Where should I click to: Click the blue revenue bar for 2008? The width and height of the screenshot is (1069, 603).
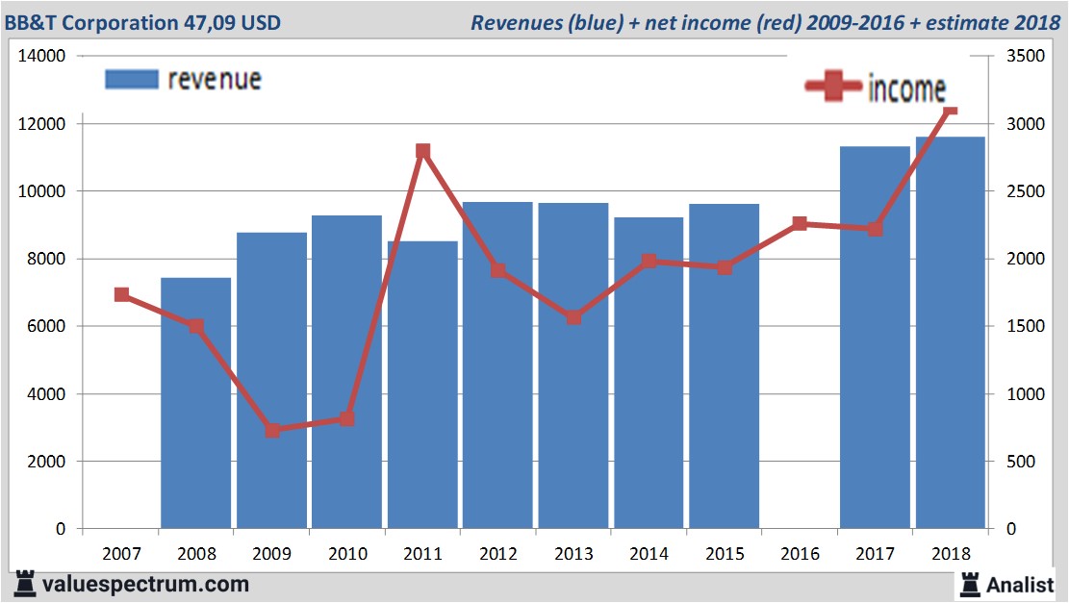click(195, 403)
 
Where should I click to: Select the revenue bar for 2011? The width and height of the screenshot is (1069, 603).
click(422, 385)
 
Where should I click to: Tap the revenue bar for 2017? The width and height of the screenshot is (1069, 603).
click(875, 337)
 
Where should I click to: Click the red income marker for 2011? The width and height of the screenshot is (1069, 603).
click(422, 152)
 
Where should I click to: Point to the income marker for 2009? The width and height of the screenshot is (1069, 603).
click(272, 430)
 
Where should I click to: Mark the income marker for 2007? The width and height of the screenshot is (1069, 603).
click(121, 295)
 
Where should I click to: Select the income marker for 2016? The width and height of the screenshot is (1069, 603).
click(800, 224)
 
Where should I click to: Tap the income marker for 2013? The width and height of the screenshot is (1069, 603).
click(573, 317)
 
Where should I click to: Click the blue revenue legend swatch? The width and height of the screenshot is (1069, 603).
click(131, 79)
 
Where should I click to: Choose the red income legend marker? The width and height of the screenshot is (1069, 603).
click(833, 88)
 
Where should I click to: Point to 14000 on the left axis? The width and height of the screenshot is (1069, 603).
click(41, 57)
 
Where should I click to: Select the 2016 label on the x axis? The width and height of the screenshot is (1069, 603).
click(800, 554)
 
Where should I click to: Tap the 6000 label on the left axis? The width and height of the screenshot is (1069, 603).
click(45, 327)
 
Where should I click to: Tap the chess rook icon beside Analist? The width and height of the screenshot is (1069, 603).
click(969, 584)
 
